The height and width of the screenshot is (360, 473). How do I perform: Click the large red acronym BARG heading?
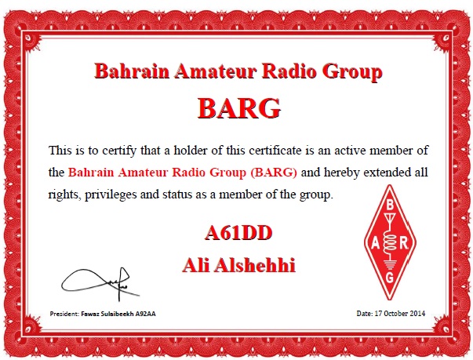click(239, 108)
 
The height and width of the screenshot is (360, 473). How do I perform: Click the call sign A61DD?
click(238, 233)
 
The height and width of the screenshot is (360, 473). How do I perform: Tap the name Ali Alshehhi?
click(238, 265)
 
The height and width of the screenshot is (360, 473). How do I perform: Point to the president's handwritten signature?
click(100, 284)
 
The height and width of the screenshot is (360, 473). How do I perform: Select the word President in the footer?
click(64, 314)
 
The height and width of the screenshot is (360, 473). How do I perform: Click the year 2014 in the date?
click(418, 314)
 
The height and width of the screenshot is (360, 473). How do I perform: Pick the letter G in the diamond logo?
click(390, 277)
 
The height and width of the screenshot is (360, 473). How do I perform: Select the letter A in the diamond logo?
click(375, 243)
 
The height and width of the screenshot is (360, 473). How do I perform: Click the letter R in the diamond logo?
click(404, 243)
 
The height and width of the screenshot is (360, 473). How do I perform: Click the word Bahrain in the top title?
click(132, 71)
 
